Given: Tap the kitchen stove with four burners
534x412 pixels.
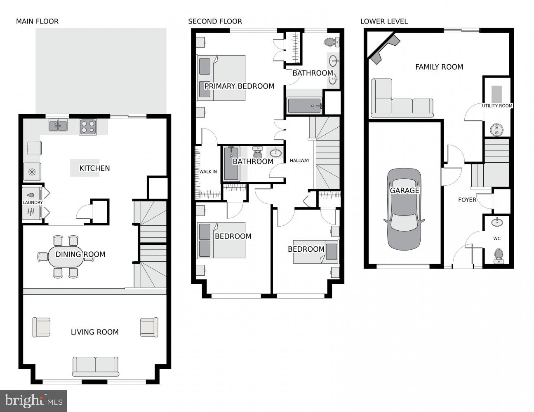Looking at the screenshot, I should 88,127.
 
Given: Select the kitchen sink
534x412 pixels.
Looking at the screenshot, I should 59,125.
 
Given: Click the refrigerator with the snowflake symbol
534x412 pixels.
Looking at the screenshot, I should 32,172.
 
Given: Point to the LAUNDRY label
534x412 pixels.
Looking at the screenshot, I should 33,203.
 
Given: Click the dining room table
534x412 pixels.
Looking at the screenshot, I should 68,256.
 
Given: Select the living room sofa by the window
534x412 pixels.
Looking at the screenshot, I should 95,366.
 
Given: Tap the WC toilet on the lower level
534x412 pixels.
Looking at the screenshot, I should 498,255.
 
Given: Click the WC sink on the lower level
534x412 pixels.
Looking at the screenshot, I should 497,222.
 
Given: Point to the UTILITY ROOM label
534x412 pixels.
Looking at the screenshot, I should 497,106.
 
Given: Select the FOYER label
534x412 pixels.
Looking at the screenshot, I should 467,200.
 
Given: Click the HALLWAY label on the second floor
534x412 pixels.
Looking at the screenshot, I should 299,161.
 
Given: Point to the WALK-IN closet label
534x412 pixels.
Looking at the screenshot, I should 208,172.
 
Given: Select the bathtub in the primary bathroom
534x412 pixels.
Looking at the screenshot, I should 304,106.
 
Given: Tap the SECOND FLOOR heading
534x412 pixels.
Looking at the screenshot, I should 215,21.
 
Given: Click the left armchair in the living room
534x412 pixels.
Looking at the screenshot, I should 41,328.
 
